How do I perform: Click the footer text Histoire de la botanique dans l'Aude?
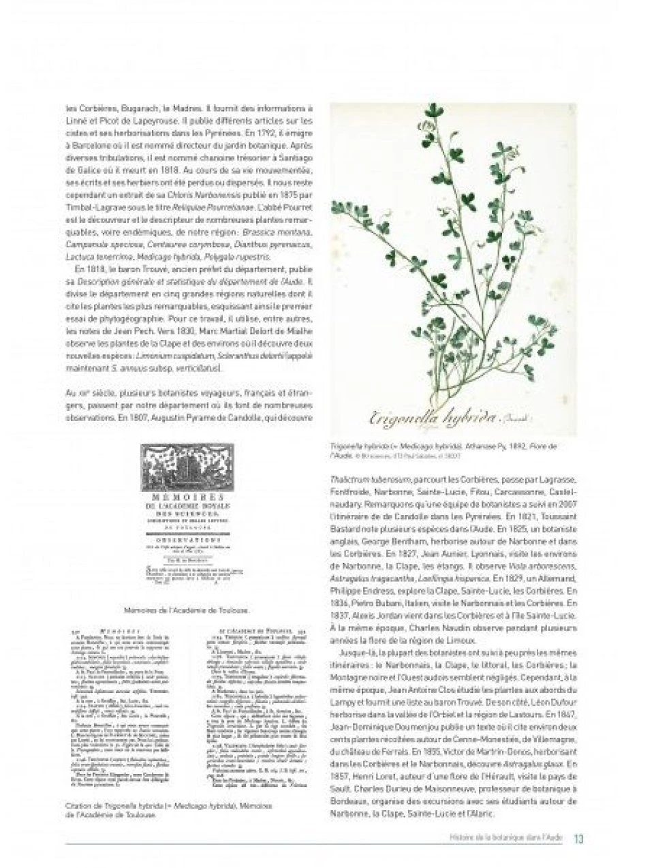tap(504, 838)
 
